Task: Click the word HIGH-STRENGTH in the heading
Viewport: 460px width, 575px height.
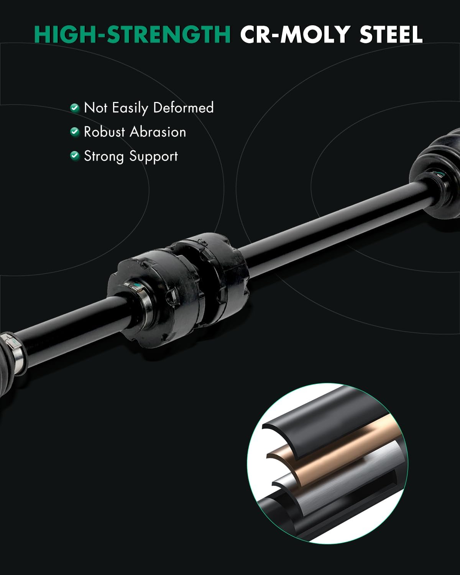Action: pyautogui.click(x=132, y=34)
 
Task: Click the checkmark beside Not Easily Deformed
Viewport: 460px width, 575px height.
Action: pyautogui.click(x=75, y=108)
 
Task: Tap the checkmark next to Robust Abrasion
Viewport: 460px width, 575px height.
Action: pyautogui.click(x=75, y=132)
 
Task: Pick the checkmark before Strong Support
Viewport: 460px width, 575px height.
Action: pyautogui.click(x=75, y=156)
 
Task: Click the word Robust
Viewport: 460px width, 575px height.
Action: pyautogui.click(x=104, y=132)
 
